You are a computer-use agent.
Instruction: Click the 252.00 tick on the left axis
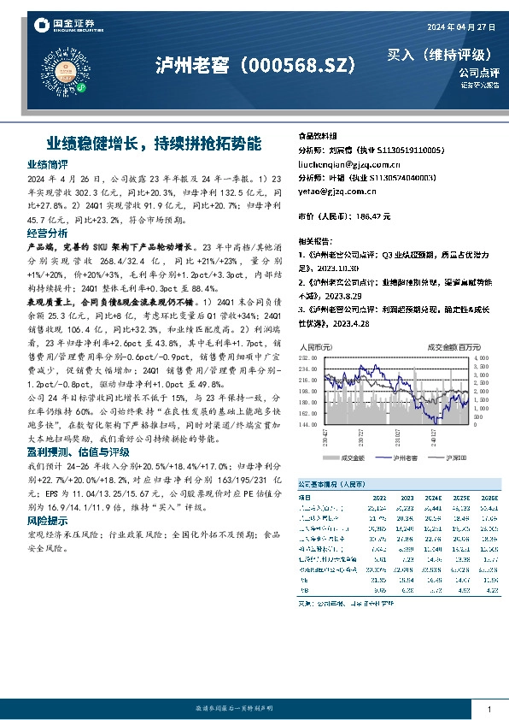pyautogui.click(x=307, y=357)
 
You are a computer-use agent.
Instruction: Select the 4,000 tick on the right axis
pyautogui.click(x=481, y=357)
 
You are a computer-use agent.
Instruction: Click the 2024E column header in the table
pyautogui.click(x=432, y=496)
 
